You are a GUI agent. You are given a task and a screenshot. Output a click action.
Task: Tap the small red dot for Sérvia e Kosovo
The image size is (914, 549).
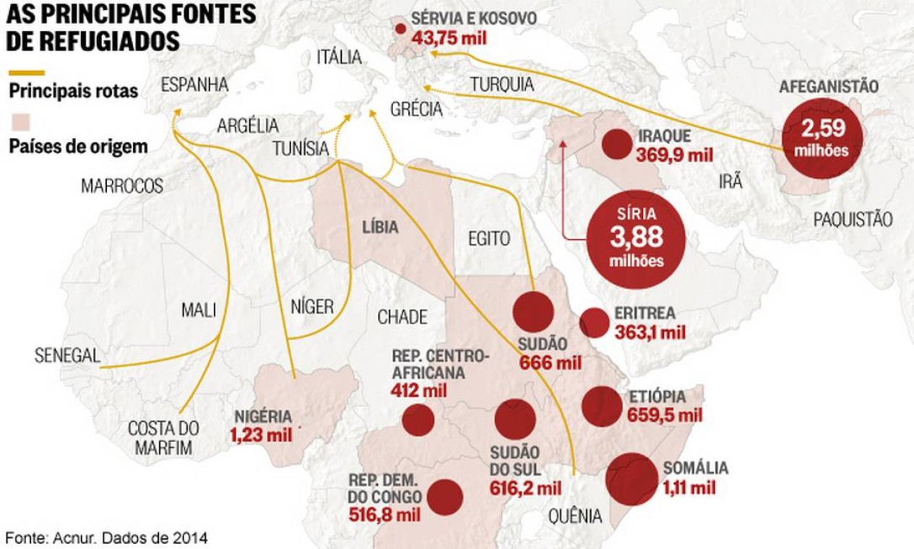pyautogui.click(x=400, y=30)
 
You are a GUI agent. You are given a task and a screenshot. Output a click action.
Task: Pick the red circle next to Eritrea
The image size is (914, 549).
pyautogui.click(x=595, y=323)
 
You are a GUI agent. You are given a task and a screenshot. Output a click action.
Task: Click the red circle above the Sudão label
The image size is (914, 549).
pyautogui.click(x=533, y=312)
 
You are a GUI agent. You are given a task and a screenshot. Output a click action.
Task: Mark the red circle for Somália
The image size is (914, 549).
pyautogui.click(x=632, y=479)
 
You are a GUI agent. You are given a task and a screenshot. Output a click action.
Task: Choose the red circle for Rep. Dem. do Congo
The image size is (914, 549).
pyautogui.click(x=445, y=497)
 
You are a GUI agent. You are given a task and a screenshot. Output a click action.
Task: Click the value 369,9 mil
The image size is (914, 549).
pyautogui.click(x=674, y=155)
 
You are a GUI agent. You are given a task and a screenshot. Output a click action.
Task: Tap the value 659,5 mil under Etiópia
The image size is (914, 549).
pyautogui.click(x=665, y=415)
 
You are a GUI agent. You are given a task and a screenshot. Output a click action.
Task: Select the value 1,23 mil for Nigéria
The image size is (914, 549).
pyautogui.click(x=262, y=435)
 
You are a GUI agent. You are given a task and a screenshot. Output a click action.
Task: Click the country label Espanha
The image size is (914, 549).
pyautogui.click(x=194, y=85)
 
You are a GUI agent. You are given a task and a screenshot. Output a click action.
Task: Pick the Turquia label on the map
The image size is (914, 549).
pyautogui.click(x=502, y=85)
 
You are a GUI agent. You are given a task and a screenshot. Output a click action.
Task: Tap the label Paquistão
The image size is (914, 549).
pyautogui.click(x=852, y=220)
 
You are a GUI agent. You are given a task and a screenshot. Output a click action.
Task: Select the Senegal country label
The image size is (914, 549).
pyautogui.click(x=66, y=355)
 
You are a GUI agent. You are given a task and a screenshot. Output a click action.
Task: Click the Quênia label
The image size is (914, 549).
pyautogui.click(x=575, y=516)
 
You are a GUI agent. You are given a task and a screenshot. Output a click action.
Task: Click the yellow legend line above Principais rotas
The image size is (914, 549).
pyautogui.click(x=26, y=73)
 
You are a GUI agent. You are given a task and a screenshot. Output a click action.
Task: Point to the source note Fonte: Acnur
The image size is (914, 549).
pyautogui.click(x=107, y=538)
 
